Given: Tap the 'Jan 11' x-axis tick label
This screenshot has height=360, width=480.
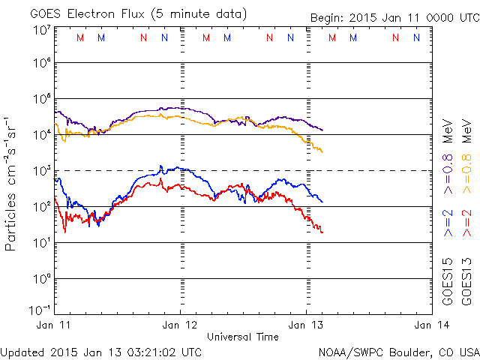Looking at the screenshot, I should (54, 325).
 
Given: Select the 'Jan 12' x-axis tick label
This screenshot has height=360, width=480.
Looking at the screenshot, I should (181, 325).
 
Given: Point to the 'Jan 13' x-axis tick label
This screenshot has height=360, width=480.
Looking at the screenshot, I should (307, 325).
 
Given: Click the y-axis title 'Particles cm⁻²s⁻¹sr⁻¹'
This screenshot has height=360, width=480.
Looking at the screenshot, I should (11, 183).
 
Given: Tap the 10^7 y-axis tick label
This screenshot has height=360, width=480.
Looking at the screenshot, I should (41, 30).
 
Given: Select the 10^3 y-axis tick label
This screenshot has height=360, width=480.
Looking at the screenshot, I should (41, 171).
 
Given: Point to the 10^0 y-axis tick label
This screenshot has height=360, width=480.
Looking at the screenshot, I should (41, 279).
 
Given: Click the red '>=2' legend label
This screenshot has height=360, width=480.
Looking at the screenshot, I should (467, 223).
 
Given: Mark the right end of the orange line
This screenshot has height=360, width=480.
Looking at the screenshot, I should (322, 152).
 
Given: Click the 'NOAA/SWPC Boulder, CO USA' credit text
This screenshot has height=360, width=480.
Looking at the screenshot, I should (397, 352).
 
